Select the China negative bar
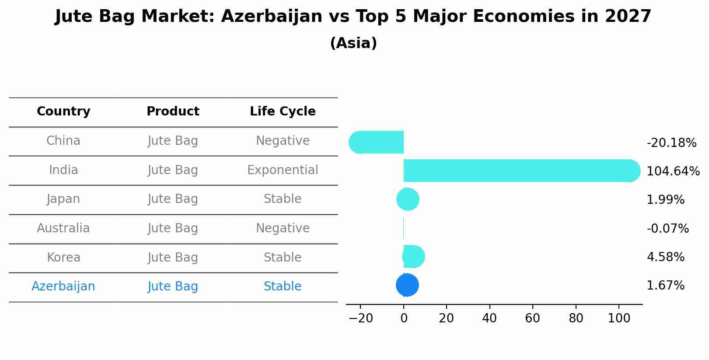(x=377, y=142)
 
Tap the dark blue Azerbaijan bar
(x=407, y=285)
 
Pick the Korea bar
(x=413, y=257)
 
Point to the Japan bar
(x=408, y=199)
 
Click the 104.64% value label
(x=673, y=171)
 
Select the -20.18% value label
(x=671, y=143)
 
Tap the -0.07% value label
(x=667, y=229)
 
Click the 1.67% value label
(x=665, y=286)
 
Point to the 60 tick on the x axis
(x=532, y=318)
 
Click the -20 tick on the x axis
(x=360, y=318)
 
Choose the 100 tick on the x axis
(x=619, y=318)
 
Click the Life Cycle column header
(x=283, y=112)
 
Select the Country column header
(x=63, y=112)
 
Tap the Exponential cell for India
(x=283, y=170)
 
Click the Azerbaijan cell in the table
(x=63, y=287)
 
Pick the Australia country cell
(x=63, y=228)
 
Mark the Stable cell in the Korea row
(x=283, y=258)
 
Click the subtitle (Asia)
(x=353, y=43)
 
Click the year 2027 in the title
(x=628, y=17)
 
